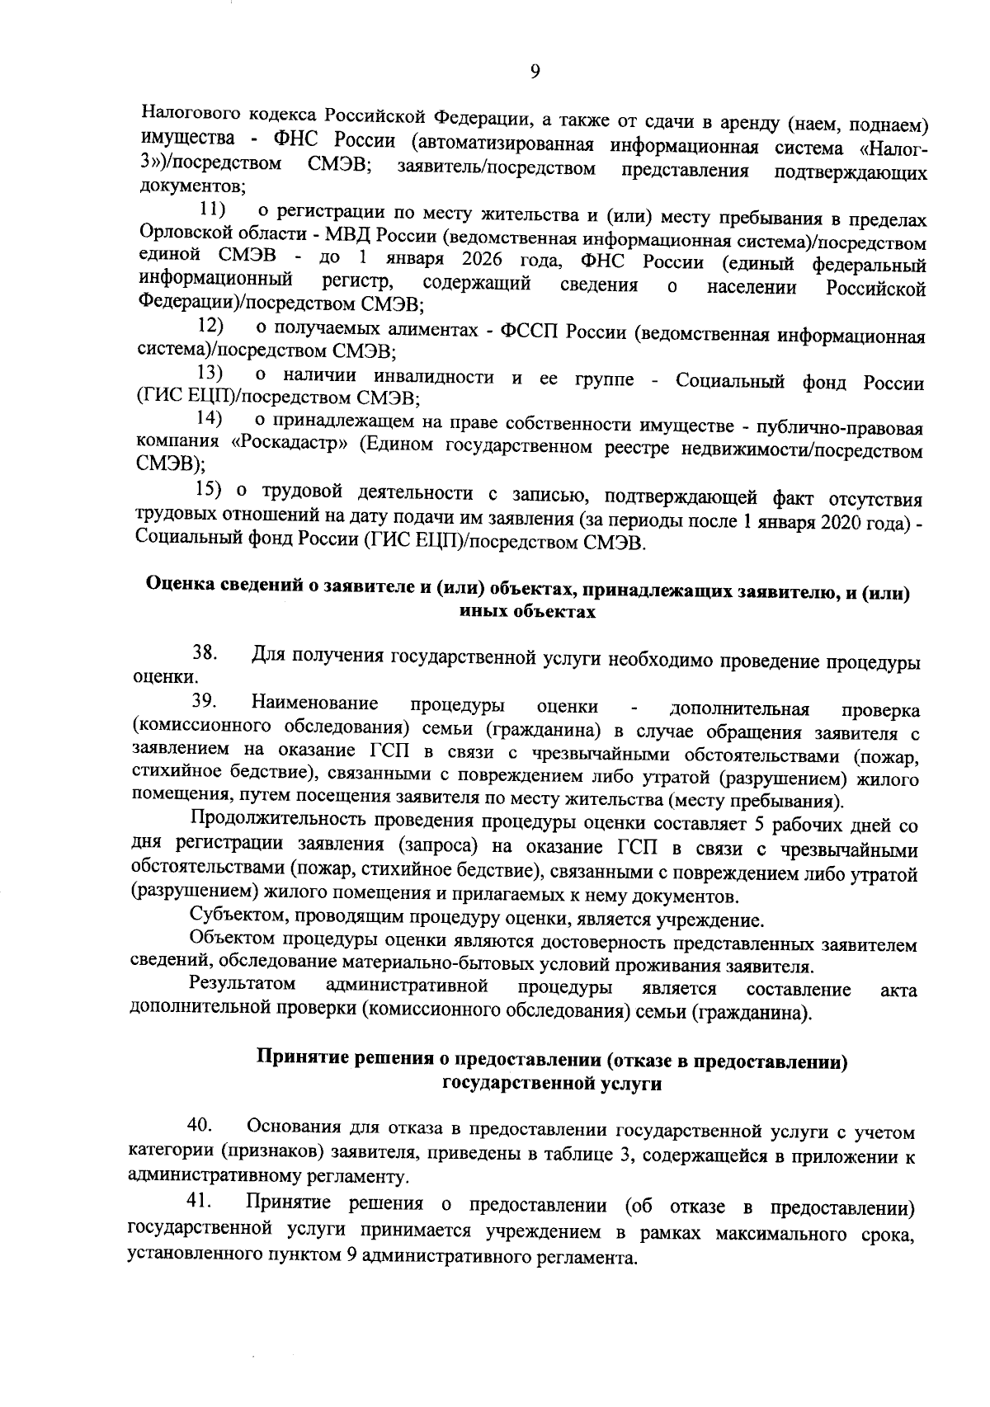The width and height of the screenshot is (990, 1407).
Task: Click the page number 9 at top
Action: [535, 73]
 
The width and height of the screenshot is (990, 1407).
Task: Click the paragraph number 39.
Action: [204, 702]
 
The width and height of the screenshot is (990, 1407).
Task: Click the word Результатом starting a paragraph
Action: [243, 985]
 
